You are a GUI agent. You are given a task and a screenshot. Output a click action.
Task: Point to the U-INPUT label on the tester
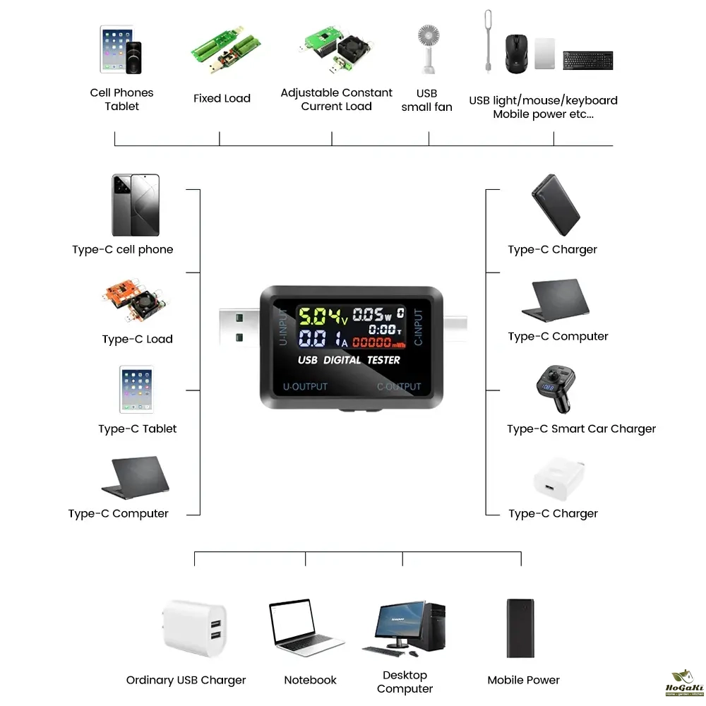(x=284, y=326)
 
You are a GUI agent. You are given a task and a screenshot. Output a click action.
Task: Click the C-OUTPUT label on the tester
(x=398, y=387)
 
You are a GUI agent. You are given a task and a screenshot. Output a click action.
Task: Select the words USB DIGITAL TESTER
(x=349, y=360)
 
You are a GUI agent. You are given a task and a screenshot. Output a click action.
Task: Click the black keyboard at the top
(x=587, y=60)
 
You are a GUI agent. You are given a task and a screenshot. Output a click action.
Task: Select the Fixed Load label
(x=222, y=99)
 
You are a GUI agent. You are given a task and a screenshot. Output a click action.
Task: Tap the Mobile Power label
(x=523, y=681)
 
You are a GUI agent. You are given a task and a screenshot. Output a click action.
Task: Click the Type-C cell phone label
(x=122, y=250)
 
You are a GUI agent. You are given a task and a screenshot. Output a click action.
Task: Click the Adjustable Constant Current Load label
(x=336, y=100)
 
